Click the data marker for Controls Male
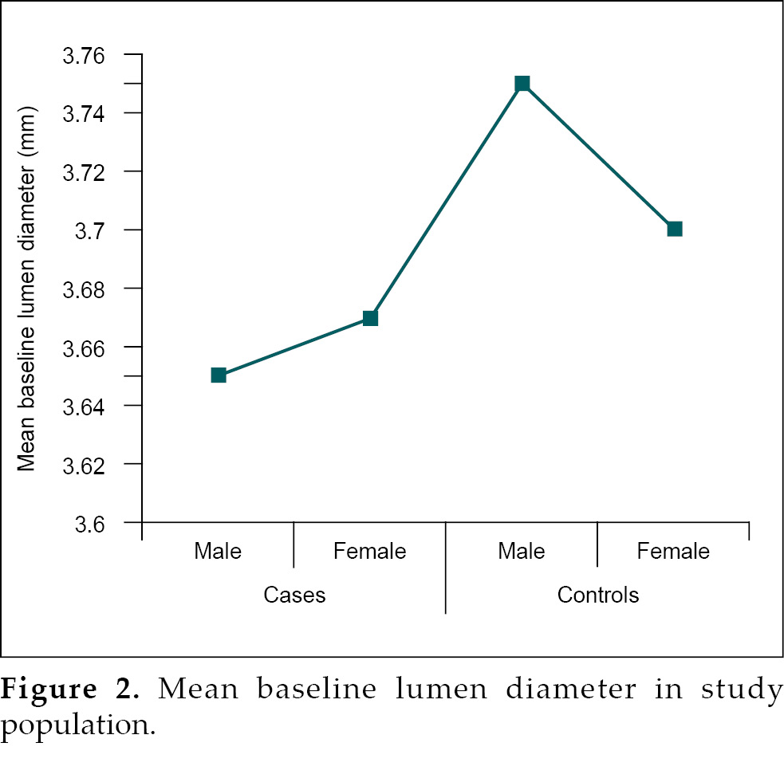coord(522,84)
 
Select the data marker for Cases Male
coord(219,375)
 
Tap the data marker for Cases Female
coord(370,318)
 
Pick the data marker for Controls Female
coord(675,229)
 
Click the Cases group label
coord(294,595)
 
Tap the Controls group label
coord(598,595)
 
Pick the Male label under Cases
coord(218,551)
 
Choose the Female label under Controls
coord(673,551)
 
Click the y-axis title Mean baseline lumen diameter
coord(27,287)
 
